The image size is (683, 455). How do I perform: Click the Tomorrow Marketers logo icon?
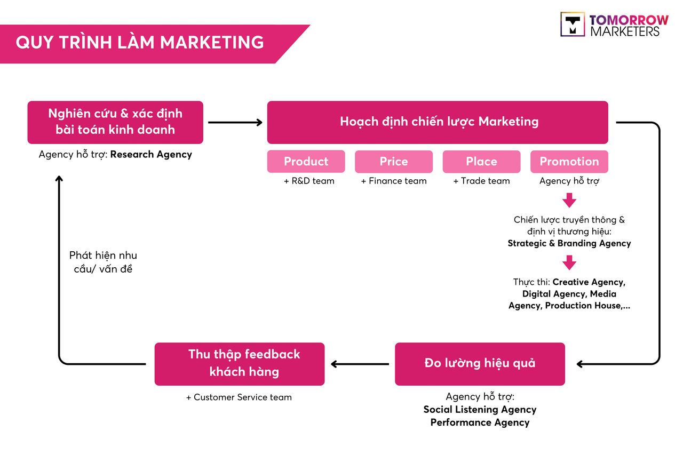[x=573, y=25]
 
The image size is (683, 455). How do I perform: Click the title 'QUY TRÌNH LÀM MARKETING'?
[x=140, y=42]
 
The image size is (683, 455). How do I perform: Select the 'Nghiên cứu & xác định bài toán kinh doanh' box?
[x=115, y=122]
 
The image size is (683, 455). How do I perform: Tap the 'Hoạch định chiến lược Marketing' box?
[x=438, y=122]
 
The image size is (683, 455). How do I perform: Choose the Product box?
[x=306, y=162]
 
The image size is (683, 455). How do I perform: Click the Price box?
[x=394, y=162]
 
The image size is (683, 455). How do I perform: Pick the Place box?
[x=481, y=162]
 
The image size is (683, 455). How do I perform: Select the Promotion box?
[x=569, y=162]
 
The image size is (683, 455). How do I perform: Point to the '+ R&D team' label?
[x=309, y=181]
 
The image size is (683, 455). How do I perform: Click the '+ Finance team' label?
[x=394, y=181]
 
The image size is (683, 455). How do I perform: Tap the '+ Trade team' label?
[x=481, y=181]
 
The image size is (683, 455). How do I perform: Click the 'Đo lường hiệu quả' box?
[x=480, y=364]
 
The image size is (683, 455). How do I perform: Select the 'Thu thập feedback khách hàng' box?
[x=240, y=364]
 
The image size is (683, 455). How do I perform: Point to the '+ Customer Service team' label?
[x=239, y=397]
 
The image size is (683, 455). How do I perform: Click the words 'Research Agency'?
[x=151, y=155]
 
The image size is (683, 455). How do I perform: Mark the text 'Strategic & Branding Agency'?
[x=569, y=244]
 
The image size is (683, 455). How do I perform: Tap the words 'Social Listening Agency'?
[x=480, y=410]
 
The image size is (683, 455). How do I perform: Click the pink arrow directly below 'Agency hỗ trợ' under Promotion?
[x=569, y=201]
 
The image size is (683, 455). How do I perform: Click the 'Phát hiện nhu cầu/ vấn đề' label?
[x=103, y=262]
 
